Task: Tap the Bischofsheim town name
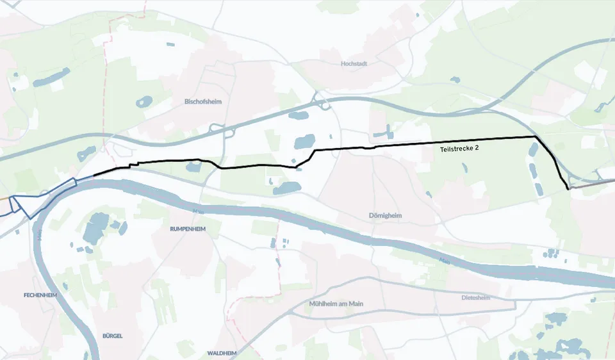[x=202, y=101]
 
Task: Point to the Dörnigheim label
[x=385, y=215]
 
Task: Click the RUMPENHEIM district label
[x=187, y=229]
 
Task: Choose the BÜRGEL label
[x=112, y=336]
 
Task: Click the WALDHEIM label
[x=222, y=353]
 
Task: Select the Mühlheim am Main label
[x=336, y=304]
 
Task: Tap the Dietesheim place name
[x=475, y=298]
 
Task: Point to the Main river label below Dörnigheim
[x=445, y=260]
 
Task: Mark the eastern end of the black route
[x=568, y=189]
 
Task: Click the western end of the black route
[x=94, y=175]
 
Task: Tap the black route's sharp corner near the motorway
[x=535, y=136]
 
